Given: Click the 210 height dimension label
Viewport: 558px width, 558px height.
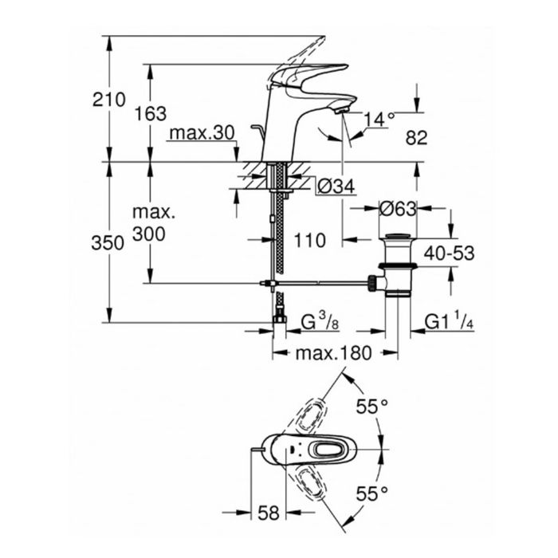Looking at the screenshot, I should pyautogui.click(x=109, y=100).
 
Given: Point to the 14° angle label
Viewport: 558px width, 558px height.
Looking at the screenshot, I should pyautogui.click(x=379, y=119).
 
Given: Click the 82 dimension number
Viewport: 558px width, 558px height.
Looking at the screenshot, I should pyautogui.click(x=416, y=138).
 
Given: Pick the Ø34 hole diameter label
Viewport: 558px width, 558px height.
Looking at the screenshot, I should pyautogui.click(x=334, y=187).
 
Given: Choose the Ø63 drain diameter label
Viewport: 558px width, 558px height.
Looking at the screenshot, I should pyautogui.click(x=398, y=210).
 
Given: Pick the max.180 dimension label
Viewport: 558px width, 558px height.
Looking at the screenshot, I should pyautogui.click(x=333, y=353).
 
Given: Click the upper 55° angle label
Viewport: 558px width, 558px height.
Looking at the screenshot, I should pyautogui.click(x=371, y=407).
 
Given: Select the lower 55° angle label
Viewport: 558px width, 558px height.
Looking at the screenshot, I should pyautogui.click(x=371, y=493).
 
